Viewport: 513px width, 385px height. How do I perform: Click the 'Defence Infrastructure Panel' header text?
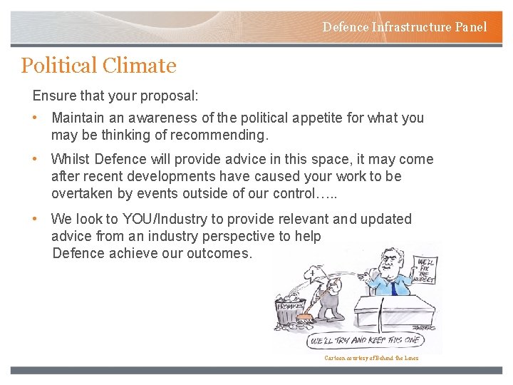coord(405,27)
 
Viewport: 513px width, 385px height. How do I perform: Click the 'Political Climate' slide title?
coord(98,66)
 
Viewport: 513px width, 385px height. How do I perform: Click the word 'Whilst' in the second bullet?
coord(71,159)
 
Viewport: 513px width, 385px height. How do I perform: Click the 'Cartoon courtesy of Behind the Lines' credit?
coord(371,358)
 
